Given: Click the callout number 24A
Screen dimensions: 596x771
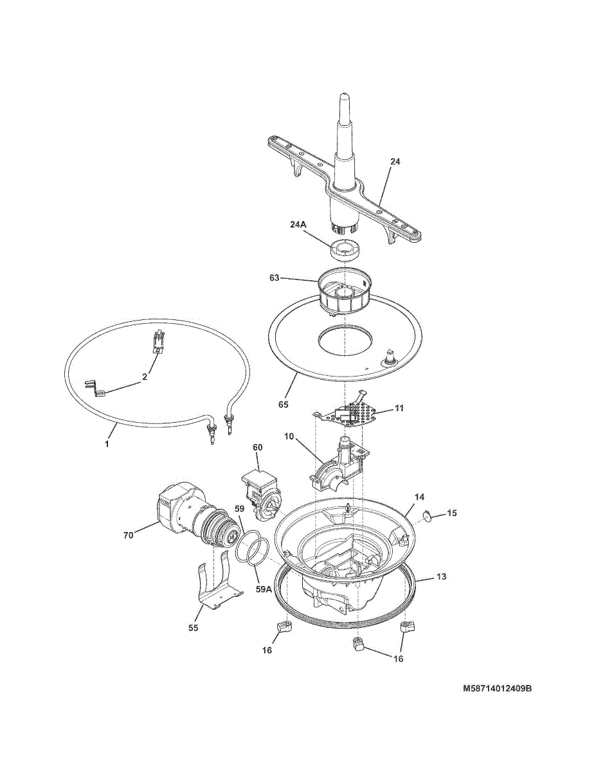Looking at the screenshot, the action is point(298,225).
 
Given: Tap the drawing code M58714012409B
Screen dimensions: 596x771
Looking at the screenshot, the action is point(498,698).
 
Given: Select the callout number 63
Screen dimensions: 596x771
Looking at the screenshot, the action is point(275,278).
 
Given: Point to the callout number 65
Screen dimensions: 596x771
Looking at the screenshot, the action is point(284,404).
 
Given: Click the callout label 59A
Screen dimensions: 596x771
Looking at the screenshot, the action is point(264,589).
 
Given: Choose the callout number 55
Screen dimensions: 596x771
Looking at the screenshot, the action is point(193,628).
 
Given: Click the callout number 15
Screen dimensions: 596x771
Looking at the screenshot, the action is point(451,513).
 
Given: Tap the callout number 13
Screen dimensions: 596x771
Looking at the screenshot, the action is point(441,576).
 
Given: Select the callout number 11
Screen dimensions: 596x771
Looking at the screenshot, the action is point(399,409).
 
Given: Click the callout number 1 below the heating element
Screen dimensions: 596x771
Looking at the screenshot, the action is point(107,444).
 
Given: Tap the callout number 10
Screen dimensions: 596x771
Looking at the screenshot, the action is point(289,436).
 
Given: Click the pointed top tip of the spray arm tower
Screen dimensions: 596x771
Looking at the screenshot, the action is point(344,94).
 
